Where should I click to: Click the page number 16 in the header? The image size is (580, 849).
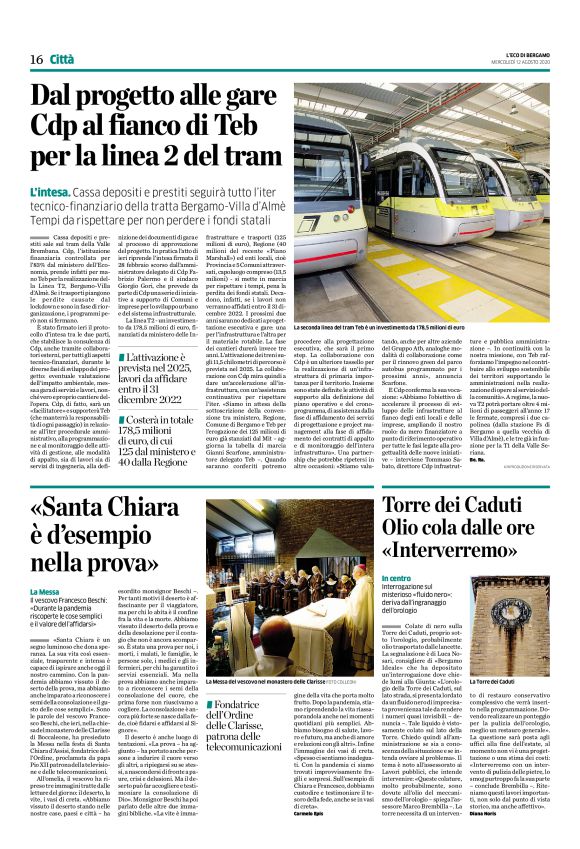point(35,60)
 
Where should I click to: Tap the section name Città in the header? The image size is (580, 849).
point(62,60)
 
